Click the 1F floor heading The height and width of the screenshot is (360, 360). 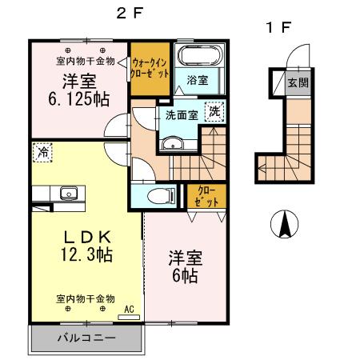pos(278,28)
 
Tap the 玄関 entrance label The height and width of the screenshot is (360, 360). pos(298,82)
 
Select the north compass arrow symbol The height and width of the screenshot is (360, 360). pos(283,224)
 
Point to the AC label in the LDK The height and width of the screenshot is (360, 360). pos(129,308)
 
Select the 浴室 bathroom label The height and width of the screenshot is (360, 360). pos(198,81)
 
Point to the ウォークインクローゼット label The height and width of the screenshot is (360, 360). pos(150,66)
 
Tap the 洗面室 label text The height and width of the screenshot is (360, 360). pos(182,115)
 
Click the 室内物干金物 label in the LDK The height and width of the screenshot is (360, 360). pos(86,298)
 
